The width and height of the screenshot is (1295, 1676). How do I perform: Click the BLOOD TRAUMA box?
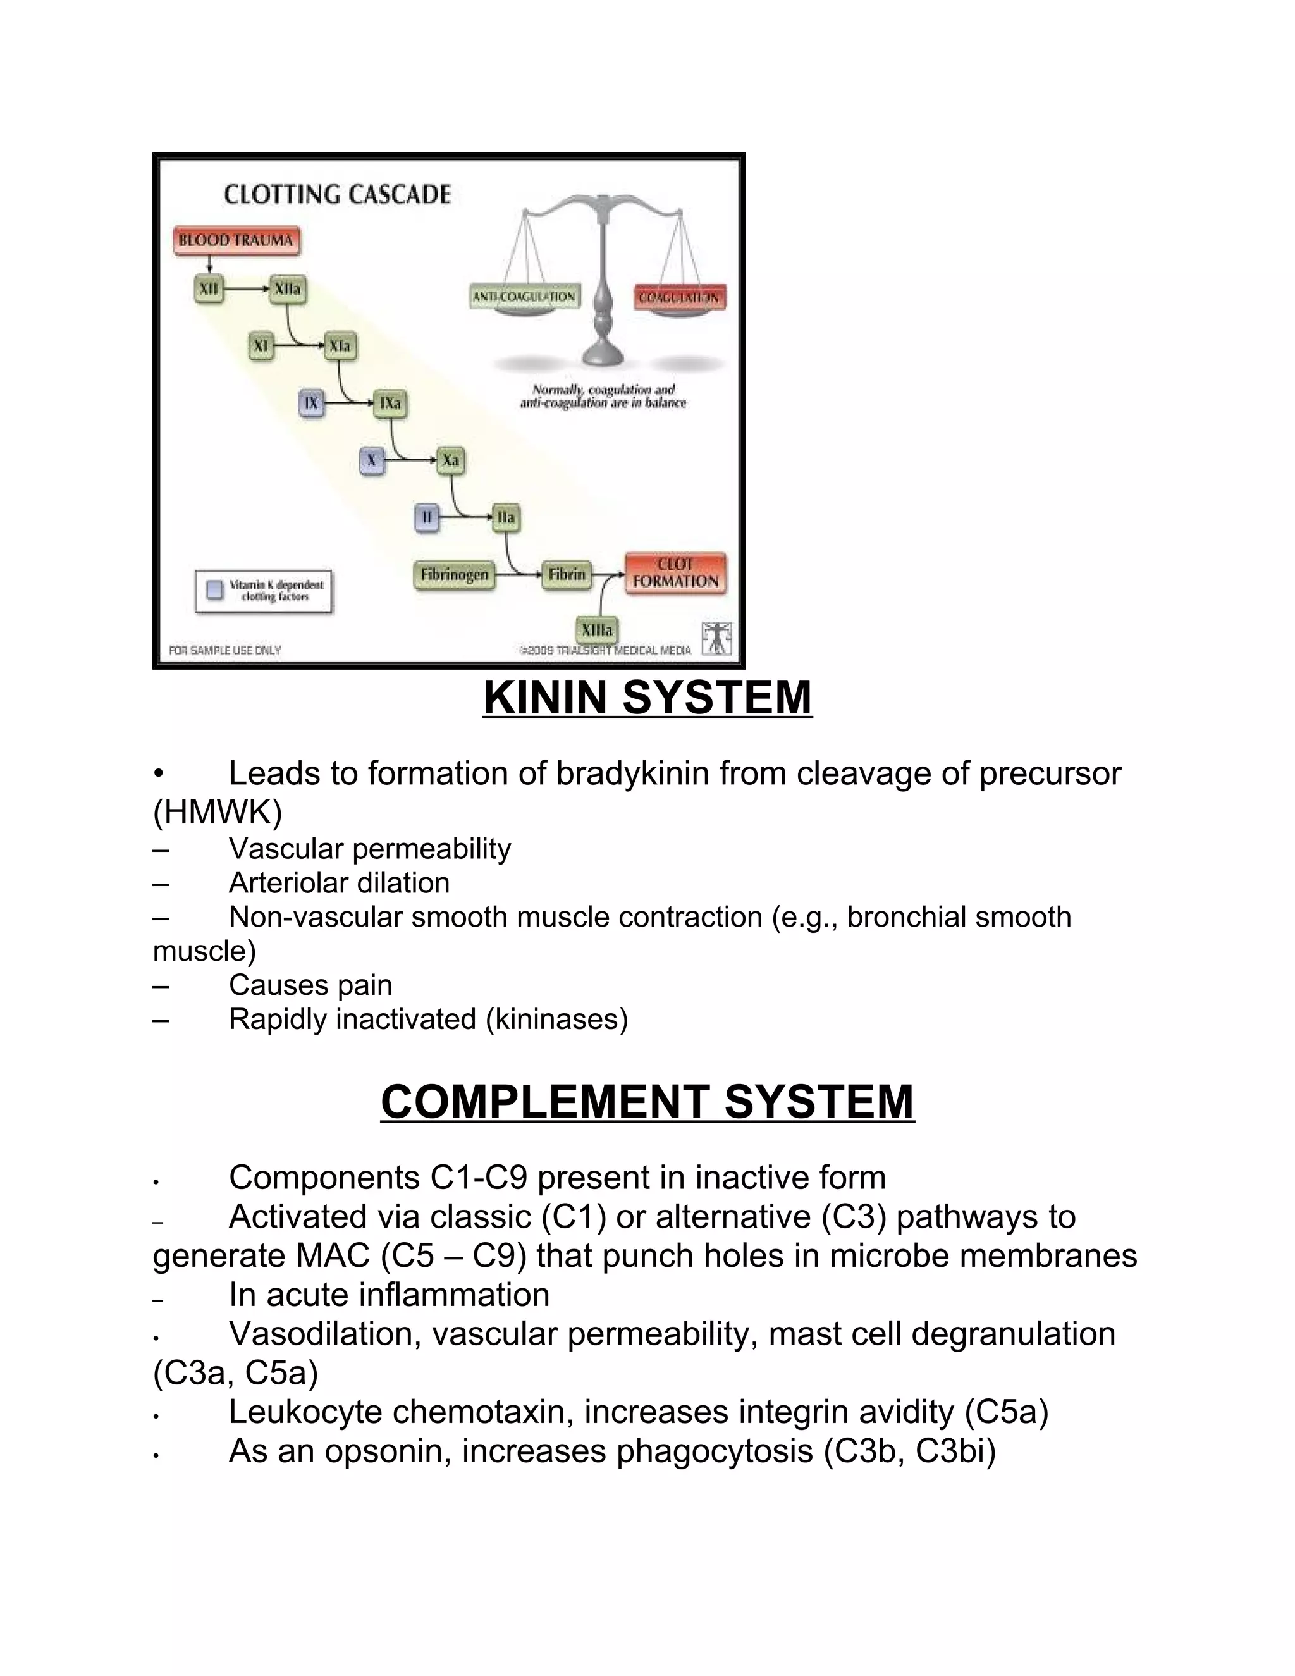(236, 241)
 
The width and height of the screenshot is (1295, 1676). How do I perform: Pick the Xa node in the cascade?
(450, 460)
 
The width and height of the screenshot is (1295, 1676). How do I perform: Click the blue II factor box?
(427, 517)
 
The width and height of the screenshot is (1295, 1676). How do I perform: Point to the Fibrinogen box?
(454, 575)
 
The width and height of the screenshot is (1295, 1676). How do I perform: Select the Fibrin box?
(567, 575)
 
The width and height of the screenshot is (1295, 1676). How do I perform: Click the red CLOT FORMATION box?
(675, 573)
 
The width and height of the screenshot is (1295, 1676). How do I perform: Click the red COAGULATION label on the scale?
(680, 298)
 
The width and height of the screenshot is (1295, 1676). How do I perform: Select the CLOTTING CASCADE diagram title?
(337, 195)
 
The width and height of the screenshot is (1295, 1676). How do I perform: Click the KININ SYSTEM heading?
(647, 698)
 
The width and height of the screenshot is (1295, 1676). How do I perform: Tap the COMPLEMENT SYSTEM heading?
(647, 1103)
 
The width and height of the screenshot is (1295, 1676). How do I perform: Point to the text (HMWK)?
(218, 813)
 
